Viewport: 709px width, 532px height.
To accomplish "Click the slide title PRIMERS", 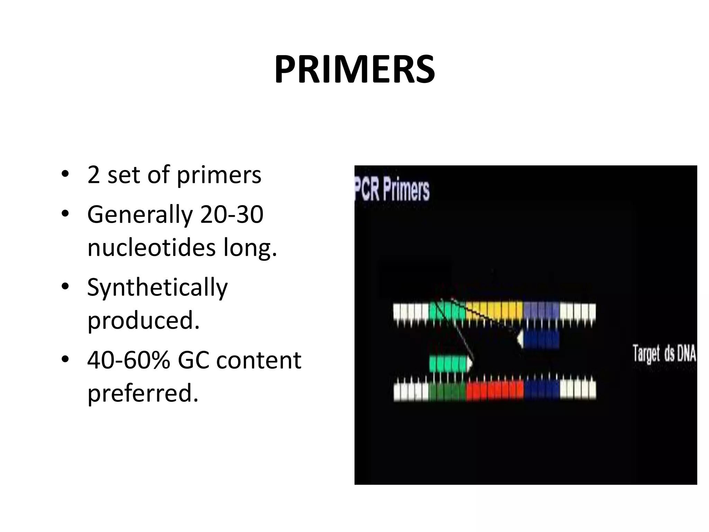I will (354, 70).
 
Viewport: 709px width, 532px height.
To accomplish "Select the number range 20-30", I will (232, 214).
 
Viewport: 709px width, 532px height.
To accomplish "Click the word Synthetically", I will (158, 287).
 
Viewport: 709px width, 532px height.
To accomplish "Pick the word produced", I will (143, 320).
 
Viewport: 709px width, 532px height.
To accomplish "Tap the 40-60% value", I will (128, 360).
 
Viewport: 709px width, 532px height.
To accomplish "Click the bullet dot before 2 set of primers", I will (64, 175).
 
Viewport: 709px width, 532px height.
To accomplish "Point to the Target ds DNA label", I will (664, 353).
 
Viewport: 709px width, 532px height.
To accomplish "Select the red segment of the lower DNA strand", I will (494, 390).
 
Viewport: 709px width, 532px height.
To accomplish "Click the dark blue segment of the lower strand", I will (542, 390).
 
